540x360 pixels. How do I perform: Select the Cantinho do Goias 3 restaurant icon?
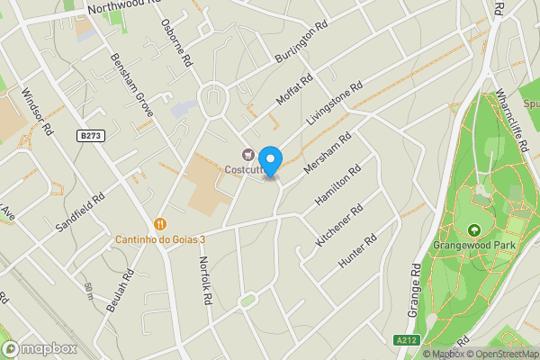[160, 224]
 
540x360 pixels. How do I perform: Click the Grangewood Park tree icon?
[474, 231]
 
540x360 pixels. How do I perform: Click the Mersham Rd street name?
[326, 154]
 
